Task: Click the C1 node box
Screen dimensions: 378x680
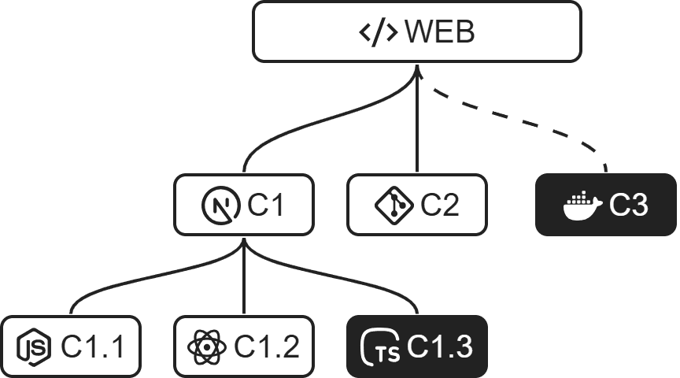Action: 244,206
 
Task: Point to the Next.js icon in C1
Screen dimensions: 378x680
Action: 218,206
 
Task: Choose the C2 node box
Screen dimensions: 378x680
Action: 417,206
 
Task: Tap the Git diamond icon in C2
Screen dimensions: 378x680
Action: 394,206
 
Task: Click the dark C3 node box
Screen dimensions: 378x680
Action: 606,206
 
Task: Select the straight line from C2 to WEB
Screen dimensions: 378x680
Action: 417,126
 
